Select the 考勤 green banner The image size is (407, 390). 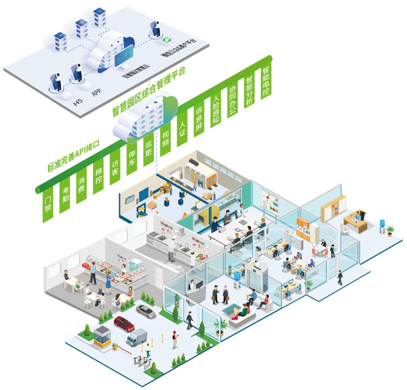pos(65,194)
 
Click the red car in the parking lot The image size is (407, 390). pos(124,322)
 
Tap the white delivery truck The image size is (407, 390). pos(136,337)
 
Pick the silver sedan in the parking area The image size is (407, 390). pos(146,311)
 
